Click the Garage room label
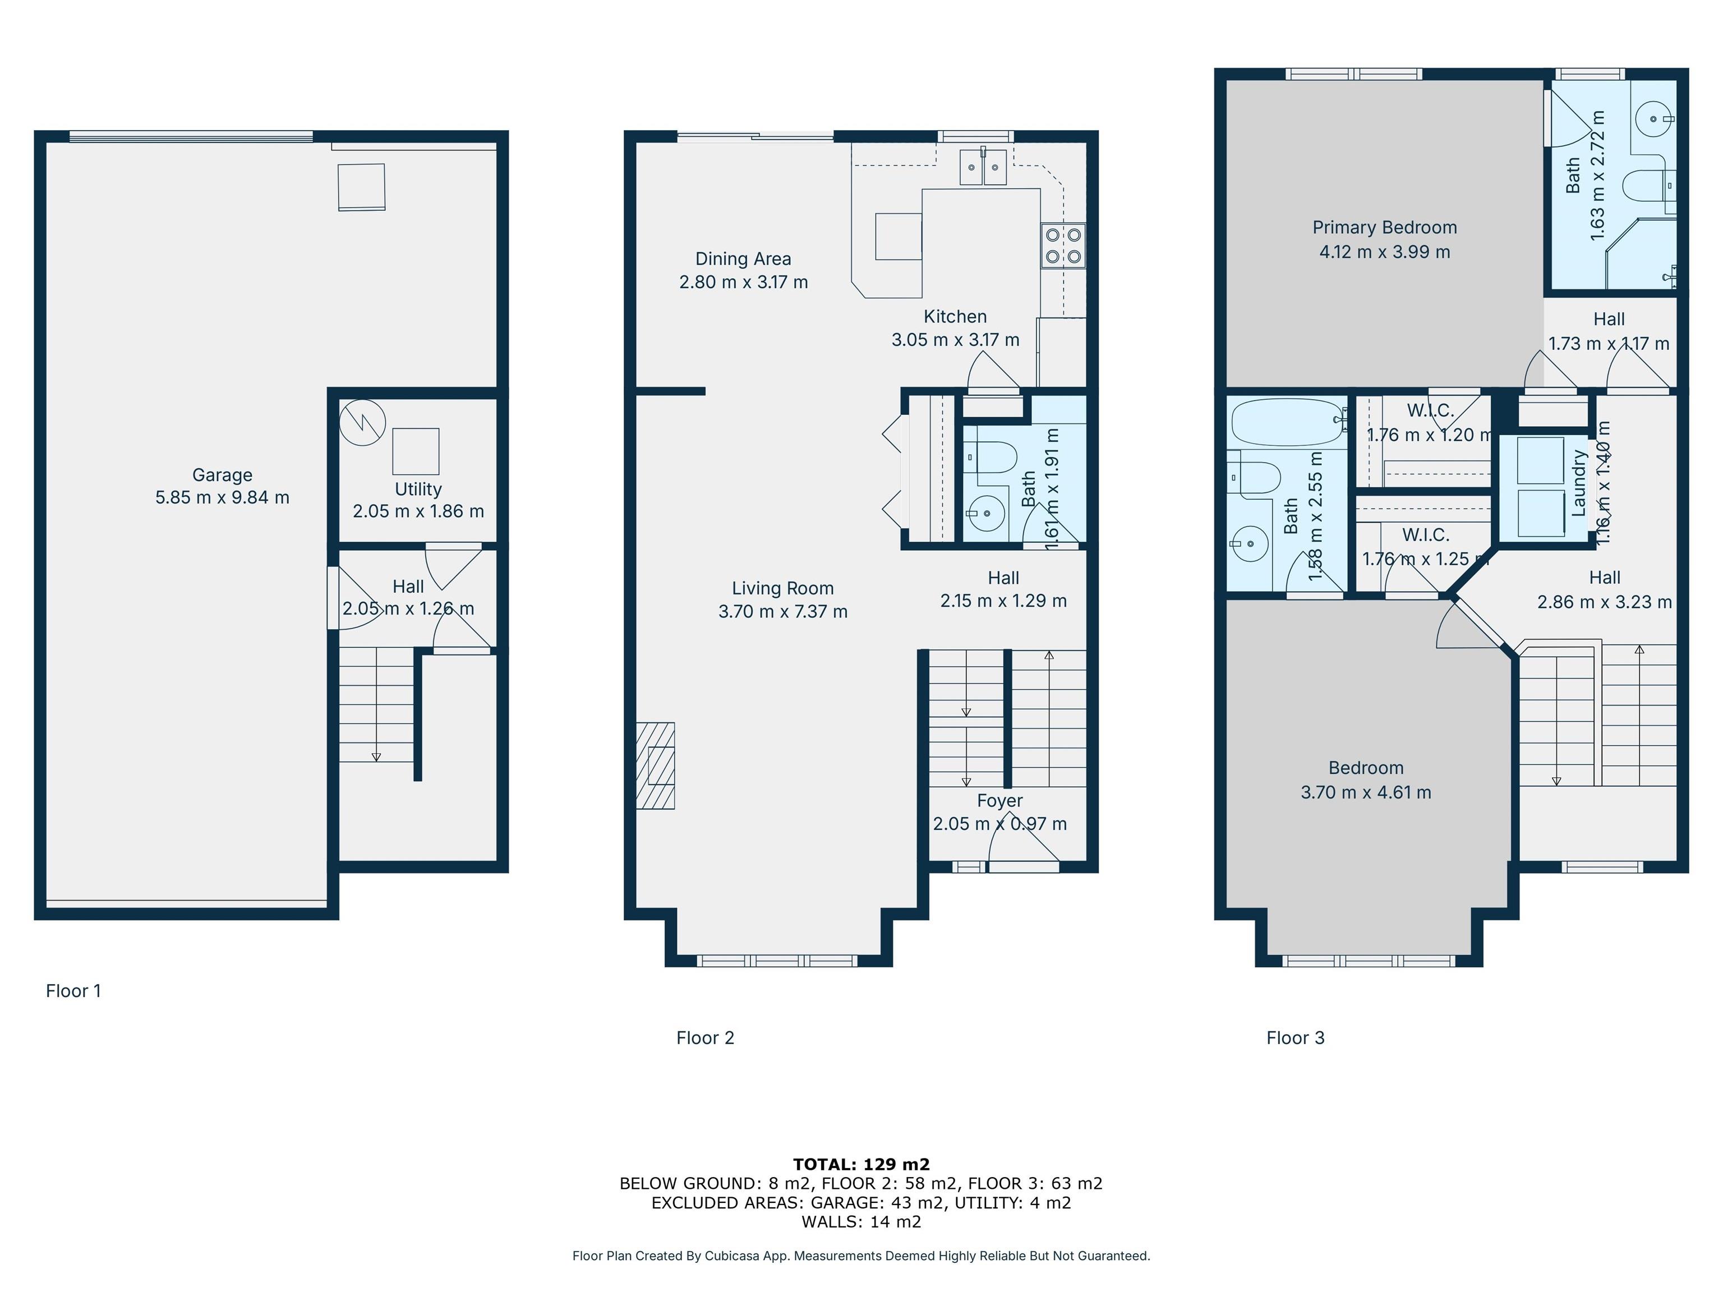click(x=222, y=474)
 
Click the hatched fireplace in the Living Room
click(x=655, y=765)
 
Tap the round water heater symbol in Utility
click(x=362, y=423)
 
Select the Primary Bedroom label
click(x=1384, y=228)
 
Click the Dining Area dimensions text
click(x=743, y=282)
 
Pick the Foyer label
click(x=999, y=801)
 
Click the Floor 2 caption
click(x=705, y=1037)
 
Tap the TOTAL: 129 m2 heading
click(x=861, y=1164)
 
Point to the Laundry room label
click(x=1579, y=483)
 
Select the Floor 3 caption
click(x=1296, y=1037)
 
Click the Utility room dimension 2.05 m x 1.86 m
click(x=418, y=511)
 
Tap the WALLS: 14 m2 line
click(x=861, y=1221)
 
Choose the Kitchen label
click(x=955, y=316)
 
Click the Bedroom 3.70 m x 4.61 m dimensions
click(x=1366, y=792)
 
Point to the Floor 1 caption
click(x=73, y=991)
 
